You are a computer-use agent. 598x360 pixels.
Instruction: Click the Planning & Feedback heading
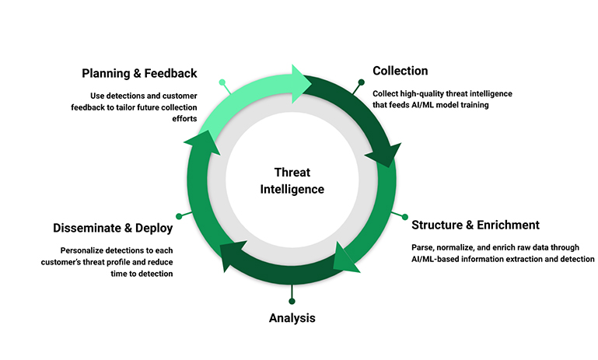139,74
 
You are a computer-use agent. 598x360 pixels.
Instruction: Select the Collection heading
400,71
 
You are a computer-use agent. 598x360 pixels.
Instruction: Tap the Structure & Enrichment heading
475,225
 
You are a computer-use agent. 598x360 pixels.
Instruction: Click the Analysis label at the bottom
292,318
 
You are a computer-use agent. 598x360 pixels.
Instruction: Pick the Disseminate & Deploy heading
113,229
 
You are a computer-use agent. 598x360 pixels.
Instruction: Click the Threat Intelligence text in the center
299,180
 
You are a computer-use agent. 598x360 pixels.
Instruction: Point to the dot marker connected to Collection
361,82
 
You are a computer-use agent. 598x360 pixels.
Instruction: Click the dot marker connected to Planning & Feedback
222,82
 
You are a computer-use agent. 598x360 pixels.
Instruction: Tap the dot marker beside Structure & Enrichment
404,215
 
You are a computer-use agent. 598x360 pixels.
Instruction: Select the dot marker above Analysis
292,301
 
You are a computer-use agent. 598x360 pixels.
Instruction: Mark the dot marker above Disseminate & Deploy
179,215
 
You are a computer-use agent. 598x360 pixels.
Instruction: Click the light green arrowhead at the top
298,79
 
